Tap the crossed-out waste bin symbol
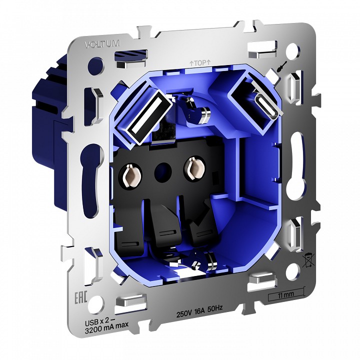[308, 260]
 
